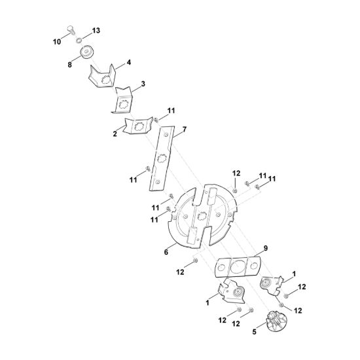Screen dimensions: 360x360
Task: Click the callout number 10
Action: (x=57, y=42)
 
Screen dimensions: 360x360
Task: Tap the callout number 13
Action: (x=96, y=31)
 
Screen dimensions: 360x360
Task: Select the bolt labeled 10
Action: (x=71, y=30)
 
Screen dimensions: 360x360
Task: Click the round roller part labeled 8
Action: (x=86, y=52)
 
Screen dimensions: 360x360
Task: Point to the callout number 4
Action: (x=129, y=62)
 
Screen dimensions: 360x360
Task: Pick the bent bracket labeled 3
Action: (x=122, y=101)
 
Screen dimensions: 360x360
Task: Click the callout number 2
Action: (x=115, y=134)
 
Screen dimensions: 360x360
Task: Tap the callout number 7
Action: (x=185, y=130)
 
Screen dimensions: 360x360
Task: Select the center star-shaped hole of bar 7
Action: (x=161, y=158)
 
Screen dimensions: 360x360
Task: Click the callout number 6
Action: (x=166, y=252)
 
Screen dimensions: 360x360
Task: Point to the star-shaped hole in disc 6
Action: (x=202, y=215)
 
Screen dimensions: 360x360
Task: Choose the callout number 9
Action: (x=265, y=248)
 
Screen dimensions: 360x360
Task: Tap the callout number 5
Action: (x=254, y=332)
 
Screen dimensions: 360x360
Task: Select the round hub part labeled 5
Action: (x=276, y=321)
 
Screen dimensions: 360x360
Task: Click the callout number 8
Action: (x=69, y=65)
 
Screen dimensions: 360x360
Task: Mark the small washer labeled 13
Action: (x=79, y=41)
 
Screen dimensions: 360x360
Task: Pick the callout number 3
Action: (x=143, y=84)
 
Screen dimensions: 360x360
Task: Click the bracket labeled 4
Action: (x=102, y=76)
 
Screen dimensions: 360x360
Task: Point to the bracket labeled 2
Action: (x=137, y=126)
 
